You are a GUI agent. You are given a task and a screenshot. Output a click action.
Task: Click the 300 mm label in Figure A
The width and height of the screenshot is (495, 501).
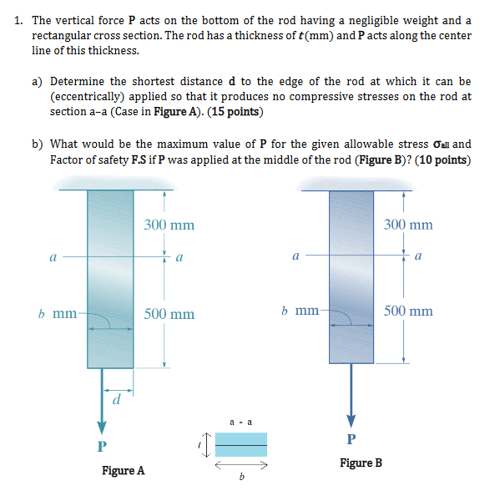tap(169, 225)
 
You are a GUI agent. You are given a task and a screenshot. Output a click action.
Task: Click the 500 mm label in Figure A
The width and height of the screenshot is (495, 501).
tap(169, 314)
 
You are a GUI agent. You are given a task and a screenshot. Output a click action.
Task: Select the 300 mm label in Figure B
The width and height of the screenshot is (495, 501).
tap(408, 225)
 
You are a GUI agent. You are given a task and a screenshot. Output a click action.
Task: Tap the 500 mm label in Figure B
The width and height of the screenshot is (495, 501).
tap(408, 311)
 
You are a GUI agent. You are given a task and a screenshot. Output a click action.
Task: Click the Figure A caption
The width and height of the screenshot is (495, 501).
tap(123, 471)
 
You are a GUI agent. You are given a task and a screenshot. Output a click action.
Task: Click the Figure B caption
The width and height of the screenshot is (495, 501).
tap(361, 462)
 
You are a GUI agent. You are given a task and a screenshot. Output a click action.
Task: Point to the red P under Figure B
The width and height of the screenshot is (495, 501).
tap(351, 438)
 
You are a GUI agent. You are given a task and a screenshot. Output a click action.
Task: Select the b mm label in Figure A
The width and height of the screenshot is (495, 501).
tap(58, 315)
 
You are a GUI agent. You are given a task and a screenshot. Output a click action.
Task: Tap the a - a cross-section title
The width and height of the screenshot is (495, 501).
tap(240, 423)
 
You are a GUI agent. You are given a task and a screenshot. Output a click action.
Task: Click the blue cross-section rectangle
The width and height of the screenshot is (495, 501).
tap(240, 444)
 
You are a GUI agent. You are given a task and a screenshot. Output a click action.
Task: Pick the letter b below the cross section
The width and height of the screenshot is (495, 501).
tap(240, 478)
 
